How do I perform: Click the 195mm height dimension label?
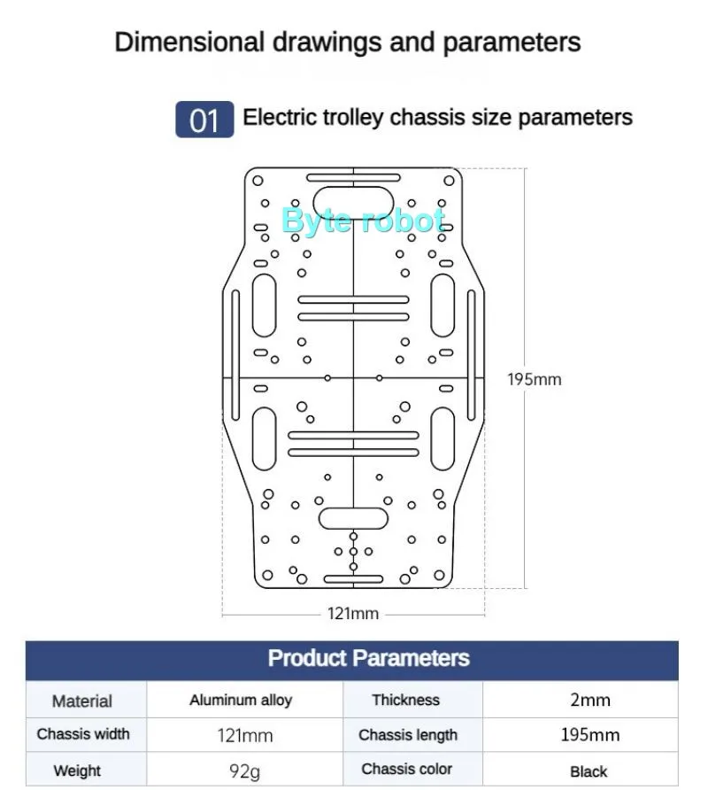click(534, 379)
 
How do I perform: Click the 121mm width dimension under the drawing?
click(353, 613)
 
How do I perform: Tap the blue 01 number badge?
click(204, 120)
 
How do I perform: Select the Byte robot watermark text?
click(363, 221)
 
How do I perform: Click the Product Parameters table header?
click(368, 658)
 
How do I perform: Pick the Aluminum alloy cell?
click(241, 700)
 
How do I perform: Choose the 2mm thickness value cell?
click(589, 700)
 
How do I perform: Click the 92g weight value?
click(244, 771)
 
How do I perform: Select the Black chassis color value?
click(589, 771)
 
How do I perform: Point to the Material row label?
click(82, 701)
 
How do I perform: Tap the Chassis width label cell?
click(83, 734)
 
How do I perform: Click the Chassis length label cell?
click(408, 735)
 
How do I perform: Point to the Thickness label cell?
click(405, 700)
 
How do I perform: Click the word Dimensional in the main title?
click(189, 42)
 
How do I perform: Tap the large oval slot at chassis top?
click(354, 202)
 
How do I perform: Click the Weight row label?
click(77, 771)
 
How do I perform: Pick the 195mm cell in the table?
click(589, 735)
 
